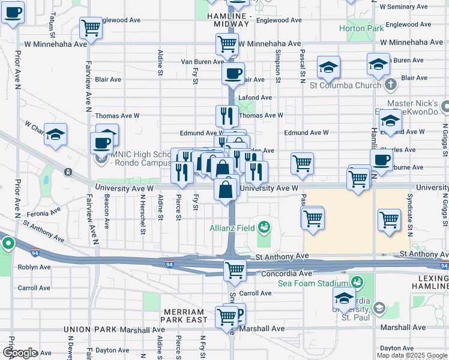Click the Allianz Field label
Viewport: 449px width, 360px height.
tap(232, 227)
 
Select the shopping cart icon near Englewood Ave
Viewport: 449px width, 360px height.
tap(91, 27)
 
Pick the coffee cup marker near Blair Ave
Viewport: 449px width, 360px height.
tap(233, 74)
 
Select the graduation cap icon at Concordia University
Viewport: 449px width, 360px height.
tap(345, 298)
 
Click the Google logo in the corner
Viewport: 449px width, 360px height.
tap(19, 353)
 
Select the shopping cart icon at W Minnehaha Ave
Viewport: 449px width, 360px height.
tap(227, 43)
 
